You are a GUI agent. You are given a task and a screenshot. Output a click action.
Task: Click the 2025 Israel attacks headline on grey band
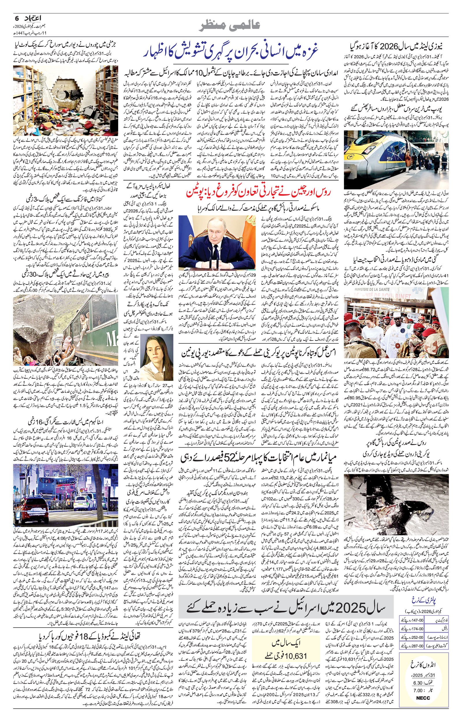[286, 598]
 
